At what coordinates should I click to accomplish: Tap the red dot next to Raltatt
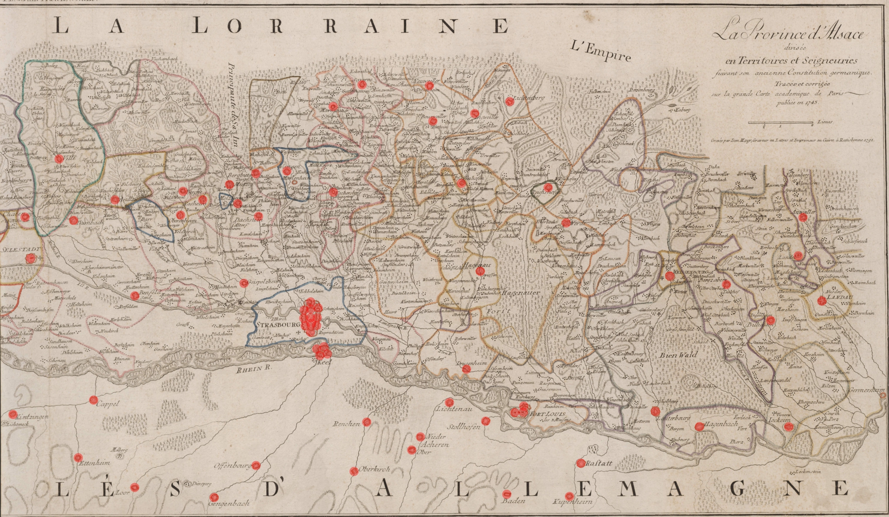[581, 463]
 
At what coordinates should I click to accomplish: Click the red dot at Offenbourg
[256, 465]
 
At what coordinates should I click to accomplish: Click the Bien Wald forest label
[678, 355]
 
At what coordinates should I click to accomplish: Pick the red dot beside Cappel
[93, 399]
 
